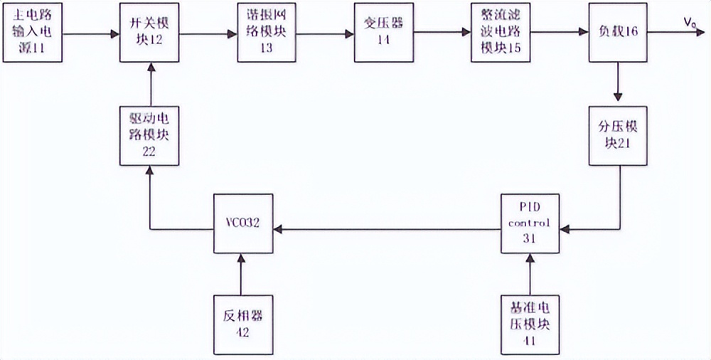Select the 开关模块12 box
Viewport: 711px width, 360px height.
point(150,32)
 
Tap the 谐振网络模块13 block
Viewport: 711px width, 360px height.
point(267,32)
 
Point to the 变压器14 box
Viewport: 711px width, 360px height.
point(384,32)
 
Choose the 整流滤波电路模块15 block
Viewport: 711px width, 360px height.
point(501,32)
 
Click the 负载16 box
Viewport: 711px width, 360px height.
point(618,32)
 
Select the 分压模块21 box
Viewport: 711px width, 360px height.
point(618,135)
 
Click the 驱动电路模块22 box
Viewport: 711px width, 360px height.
point(150,135)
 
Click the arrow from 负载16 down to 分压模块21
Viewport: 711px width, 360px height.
point(618,83)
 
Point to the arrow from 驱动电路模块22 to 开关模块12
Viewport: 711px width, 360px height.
point(150,83)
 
